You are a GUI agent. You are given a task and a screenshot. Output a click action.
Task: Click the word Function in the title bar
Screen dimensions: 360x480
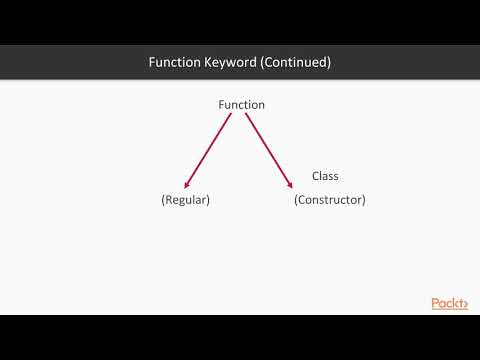175,62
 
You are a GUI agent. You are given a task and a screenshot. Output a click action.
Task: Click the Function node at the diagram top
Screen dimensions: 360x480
241,105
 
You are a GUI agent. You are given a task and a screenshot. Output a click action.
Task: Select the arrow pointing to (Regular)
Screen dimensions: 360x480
208,150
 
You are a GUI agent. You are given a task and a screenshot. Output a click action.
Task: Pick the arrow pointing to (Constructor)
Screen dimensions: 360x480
269,150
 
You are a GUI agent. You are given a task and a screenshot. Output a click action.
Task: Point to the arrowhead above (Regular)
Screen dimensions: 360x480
187,184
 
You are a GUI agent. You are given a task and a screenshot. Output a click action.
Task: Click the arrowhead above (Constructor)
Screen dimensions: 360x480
290,183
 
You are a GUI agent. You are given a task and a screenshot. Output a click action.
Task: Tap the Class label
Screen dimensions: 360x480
325,176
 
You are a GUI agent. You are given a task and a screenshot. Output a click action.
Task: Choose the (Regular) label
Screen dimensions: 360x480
186,200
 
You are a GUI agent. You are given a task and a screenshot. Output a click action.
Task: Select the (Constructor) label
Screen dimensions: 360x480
330,200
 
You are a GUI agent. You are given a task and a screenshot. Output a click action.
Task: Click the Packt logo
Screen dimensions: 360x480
449,304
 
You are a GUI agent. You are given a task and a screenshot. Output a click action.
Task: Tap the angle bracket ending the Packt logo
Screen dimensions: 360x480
465,304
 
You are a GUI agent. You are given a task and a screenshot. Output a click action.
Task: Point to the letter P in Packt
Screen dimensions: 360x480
436,304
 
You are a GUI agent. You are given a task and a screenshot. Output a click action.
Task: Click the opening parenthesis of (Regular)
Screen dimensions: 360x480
163,200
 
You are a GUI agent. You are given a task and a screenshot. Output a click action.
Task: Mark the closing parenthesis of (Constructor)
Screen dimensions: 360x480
364,200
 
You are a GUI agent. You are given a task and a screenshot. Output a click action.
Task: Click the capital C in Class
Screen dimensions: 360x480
316,176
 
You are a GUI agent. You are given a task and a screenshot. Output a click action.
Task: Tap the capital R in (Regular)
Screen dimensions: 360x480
169,200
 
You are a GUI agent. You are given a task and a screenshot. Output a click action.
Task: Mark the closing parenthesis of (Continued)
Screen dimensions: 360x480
329,62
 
